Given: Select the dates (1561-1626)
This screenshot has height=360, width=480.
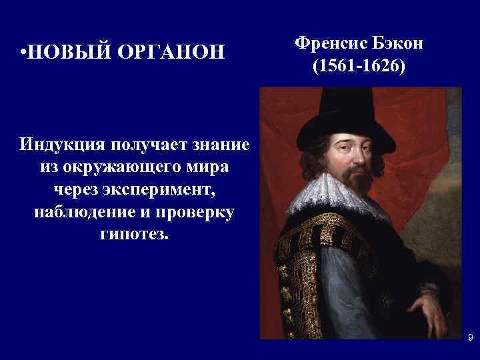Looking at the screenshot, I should [x=358, y=67].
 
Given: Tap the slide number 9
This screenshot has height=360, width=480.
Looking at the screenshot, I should [x=470, y=339].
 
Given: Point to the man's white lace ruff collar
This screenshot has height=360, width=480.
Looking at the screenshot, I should [x=333, y=197].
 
